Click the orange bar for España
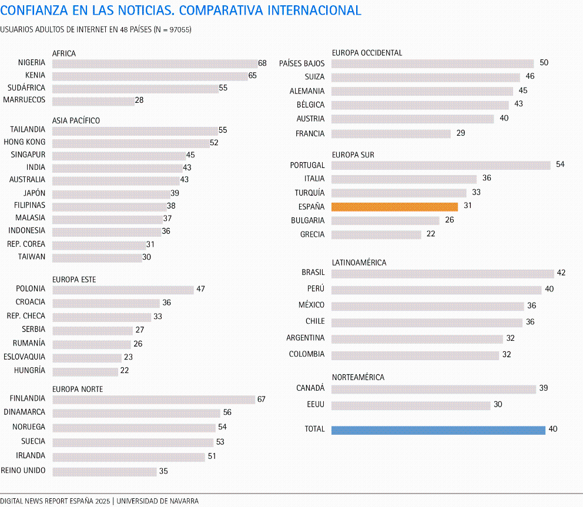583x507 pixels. point(394,207)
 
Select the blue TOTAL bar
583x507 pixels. point(438,430)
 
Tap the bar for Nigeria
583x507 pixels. point(155,63)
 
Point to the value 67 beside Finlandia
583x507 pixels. point(261,399)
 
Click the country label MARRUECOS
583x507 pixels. point(24,100)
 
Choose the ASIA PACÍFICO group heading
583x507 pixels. point(76,120)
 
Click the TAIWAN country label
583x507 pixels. point(32,257)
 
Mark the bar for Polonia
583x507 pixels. point(123,290)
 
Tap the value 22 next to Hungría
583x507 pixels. point(125,371)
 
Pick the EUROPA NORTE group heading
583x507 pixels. point(78,389)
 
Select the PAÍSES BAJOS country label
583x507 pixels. point(301,63)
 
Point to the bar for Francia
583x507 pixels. point(391,134)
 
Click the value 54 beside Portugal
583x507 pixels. point(560,164)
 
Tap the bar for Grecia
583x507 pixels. point(376,234)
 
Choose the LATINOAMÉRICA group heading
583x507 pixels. point(359,263)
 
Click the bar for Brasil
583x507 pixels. point(443,273)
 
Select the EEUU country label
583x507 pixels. point(315,405)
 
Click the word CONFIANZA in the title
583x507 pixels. point(31,11)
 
